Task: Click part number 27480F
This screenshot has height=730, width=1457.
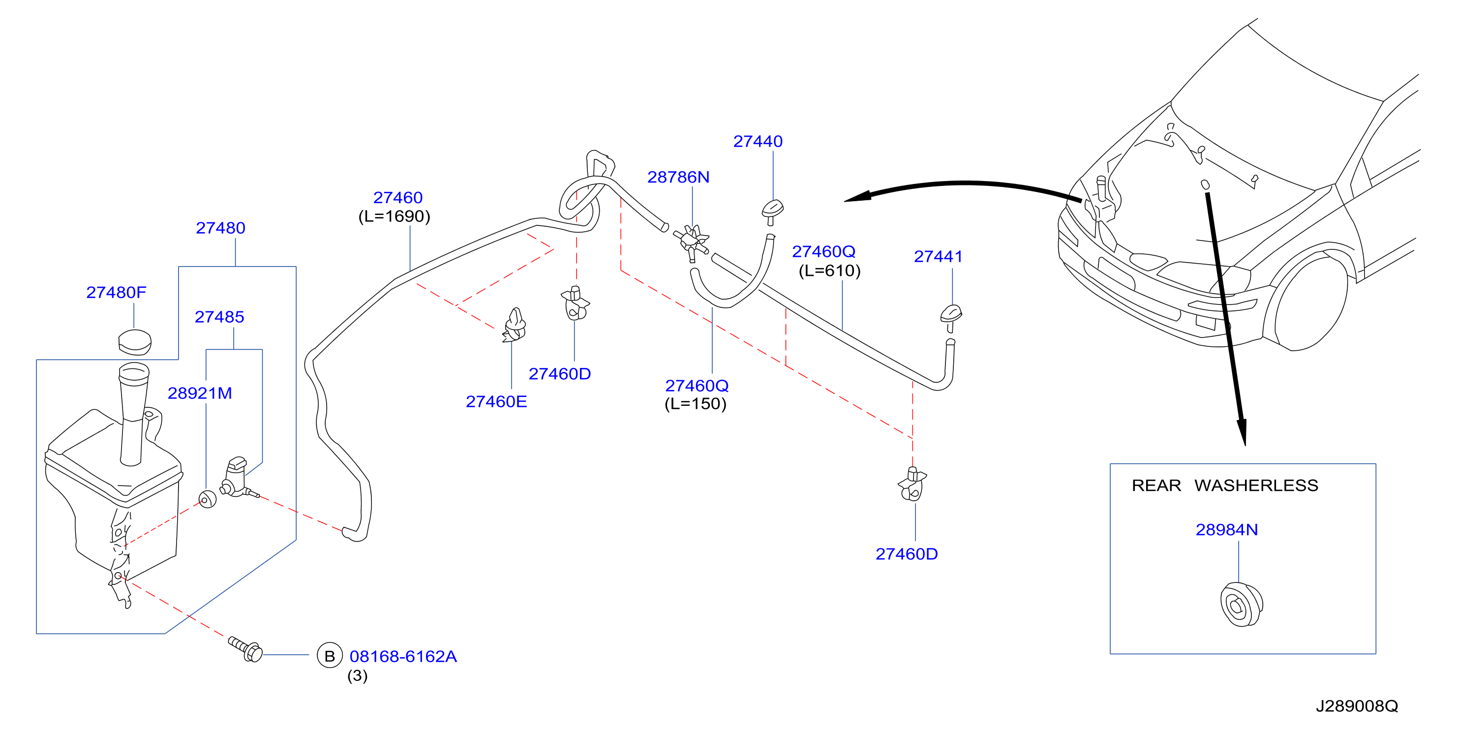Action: pyautogui.click(x=116, y=292)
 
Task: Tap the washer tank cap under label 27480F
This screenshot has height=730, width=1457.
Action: pyautogui.click(x=135, y=341)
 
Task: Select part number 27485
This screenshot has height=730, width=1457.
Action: pyautogui.click(x=219, y=317)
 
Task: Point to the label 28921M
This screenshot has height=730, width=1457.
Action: pyautogui.click(x=200, y=393)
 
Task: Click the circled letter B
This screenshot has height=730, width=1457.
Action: pyautogui.click(x=330, y=656)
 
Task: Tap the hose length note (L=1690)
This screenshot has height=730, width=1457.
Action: pyautogui.click(x=394, y=216)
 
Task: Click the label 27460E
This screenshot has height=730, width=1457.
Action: pyautogui.click(x=496, y=401)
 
